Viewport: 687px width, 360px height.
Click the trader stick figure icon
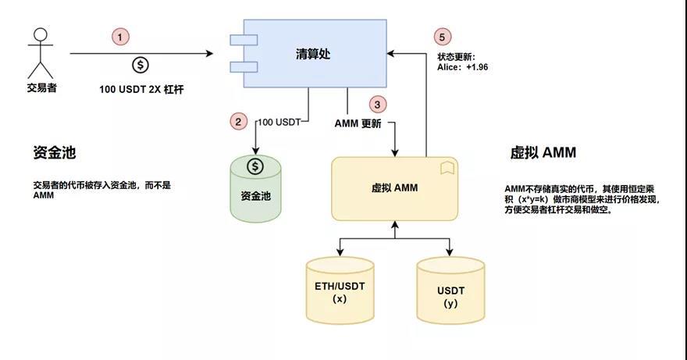tap(41, 53)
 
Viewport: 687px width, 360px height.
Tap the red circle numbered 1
tap(120, 37)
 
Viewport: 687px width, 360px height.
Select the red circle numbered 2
tap(238, 122)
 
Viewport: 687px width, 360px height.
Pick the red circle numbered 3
tap(377, 105)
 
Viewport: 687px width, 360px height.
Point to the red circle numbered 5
tap(442, 37)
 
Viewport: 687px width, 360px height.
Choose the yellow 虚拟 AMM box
tap(395, 188)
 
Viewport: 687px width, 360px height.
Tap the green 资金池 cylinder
tap(255, 188)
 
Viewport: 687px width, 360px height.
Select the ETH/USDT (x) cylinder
tap(340, 290)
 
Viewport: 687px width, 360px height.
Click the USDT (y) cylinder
tap(450, 290)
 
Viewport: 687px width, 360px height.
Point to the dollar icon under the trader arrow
tap(141, 66)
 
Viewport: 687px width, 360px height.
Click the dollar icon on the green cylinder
tap(255, 166)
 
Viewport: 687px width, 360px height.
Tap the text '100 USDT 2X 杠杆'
tap(141, 90)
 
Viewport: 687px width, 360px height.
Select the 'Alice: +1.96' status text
tap(462, 67)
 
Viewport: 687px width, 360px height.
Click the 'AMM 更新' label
tap(358, 123)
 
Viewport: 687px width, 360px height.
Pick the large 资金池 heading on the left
tap(55, 152)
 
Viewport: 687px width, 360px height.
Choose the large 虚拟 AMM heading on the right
tap(543, 152)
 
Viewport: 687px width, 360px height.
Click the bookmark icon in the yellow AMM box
tap(447, 168)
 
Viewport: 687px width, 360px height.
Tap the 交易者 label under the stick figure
tap(41, 87)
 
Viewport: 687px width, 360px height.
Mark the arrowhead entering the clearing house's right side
tap(391, 54)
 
